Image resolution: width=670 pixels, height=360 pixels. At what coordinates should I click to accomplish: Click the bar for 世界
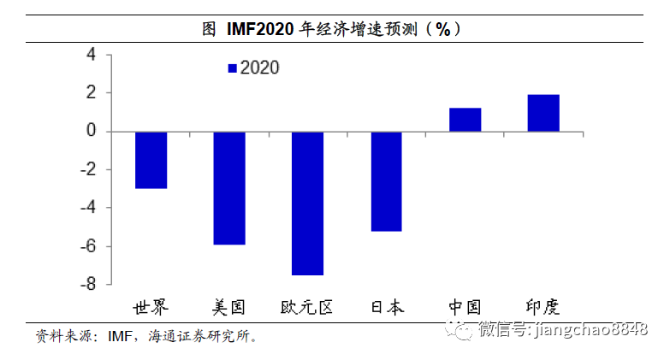pyautogui.click(x=151, y=160)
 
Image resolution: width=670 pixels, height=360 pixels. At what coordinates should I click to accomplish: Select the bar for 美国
pyautogui.click(x=229, y=188)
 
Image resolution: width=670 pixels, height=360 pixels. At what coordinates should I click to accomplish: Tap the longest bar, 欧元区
pyautogui.click(x=307, y=204)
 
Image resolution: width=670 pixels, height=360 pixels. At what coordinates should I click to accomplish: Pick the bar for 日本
pyautogui.click(x=386, y=181)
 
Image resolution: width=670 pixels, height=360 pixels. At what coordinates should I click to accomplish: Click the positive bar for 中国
pyautogui.click(x=465, y=120)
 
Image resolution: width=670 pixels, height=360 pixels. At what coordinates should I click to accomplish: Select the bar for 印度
pyautogui.click(x=543, y=113)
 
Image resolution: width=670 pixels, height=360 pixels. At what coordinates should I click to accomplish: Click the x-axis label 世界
pyautogui.click(x=151, y=307)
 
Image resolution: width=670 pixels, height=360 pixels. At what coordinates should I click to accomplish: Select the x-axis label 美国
pyautogui.click(x=229, y=307)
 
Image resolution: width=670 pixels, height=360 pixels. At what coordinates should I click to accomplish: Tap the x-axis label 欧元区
pyautogui.click(x=307, y=307)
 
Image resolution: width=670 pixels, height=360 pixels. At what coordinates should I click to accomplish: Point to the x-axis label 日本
pyautogui.click(x=386, y=307)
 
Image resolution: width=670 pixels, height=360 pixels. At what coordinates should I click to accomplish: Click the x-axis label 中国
pyautogui.click(x=465, y=307)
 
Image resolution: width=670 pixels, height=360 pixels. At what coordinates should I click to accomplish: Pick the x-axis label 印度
pyautogui.click(x=543, y=307)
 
